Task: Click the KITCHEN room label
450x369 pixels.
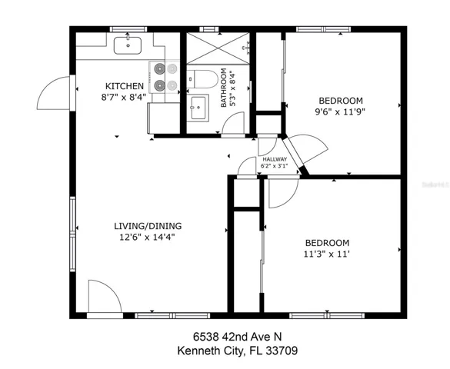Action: point(125,86)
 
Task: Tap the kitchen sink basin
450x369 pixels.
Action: point(128,45)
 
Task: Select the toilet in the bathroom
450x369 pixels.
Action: point(202,79)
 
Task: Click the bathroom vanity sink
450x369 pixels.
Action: point(198,108)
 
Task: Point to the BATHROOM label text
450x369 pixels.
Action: point(224,88)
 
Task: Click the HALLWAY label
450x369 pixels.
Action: point(275,159)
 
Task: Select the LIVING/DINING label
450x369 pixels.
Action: point(148,226)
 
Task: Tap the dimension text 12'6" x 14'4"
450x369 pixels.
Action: point(147,237)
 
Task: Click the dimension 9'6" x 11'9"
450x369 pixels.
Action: point(340,111)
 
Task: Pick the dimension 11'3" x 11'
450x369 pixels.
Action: point(326,254)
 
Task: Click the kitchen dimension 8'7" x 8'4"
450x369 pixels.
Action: point(124,97)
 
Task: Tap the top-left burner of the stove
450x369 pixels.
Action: point(159,68)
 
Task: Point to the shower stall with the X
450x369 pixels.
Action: point(218,48)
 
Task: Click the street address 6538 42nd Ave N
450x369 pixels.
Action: point(238,337)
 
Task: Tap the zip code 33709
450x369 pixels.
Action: point(282,351)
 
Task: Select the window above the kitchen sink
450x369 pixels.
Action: point(128,29)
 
